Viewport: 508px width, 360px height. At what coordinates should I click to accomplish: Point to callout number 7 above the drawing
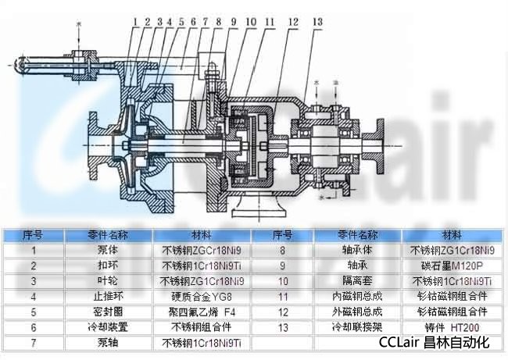click(x=206, y=21)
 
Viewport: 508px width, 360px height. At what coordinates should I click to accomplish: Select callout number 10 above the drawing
click(x=251, y=21)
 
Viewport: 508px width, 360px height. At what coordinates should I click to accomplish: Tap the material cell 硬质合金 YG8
click(x=201, y=297)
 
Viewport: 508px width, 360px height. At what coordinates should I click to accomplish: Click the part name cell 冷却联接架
click(x=357, y=327)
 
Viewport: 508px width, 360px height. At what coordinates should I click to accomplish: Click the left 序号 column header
click(x=33, y=235)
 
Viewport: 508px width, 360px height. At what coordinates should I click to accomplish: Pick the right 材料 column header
click(x=452, y=235)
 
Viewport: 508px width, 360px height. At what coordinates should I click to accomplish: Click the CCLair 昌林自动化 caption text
click(x=434, y=343)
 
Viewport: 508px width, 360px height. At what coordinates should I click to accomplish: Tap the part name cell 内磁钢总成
click(x=357, y=297)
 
